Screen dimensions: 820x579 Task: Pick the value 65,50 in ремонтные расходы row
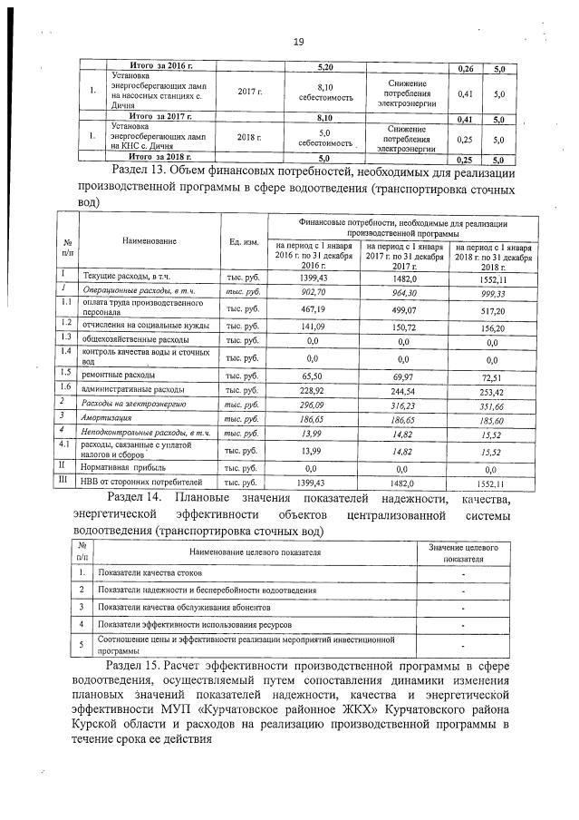click(313, 374)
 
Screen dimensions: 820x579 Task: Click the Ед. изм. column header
click(244, 241)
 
